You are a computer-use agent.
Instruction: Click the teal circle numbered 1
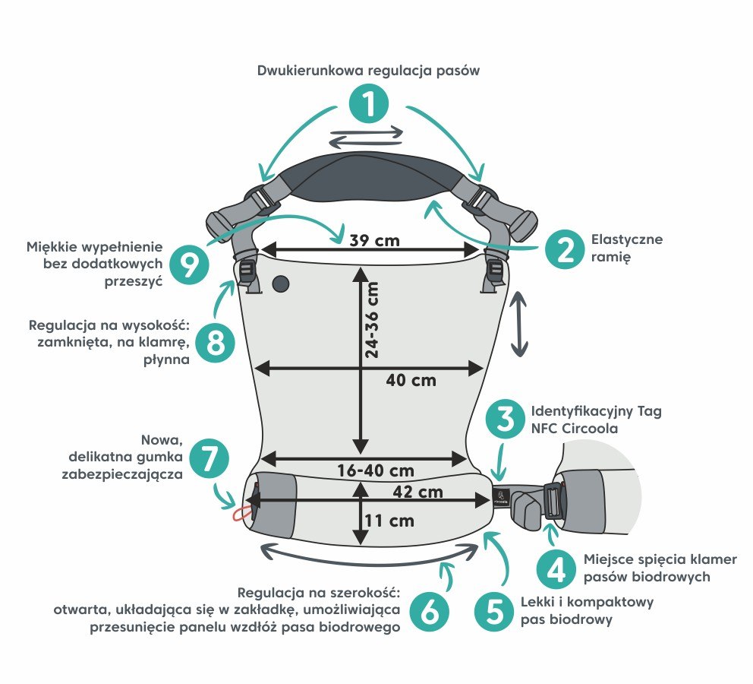pos(368,103)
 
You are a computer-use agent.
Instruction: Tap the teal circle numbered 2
pos(565,249)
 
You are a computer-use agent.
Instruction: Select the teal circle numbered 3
pos(505,420)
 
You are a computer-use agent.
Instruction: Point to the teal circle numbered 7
pos(209,458)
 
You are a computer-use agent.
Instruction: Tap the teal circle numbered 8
pos(215,343)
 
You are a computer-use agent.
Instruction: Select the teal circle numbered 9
pos(189,264)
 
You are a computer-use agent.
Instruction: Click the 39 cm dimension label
pos(374,240)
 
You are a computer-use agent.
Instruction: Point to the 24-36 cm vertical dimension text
pos(372,320)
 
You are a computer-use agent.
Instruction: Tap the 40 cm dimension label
pos(411,381)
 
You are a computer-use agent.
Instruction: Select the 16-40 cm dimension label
pos(376,470)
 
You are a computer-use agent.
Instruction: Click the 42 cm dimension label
pos(417,492)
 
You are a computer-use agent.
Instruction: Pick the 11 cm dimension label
pos(389,521)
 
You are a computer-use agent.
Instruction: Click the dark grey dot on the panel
pos(281,284)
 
